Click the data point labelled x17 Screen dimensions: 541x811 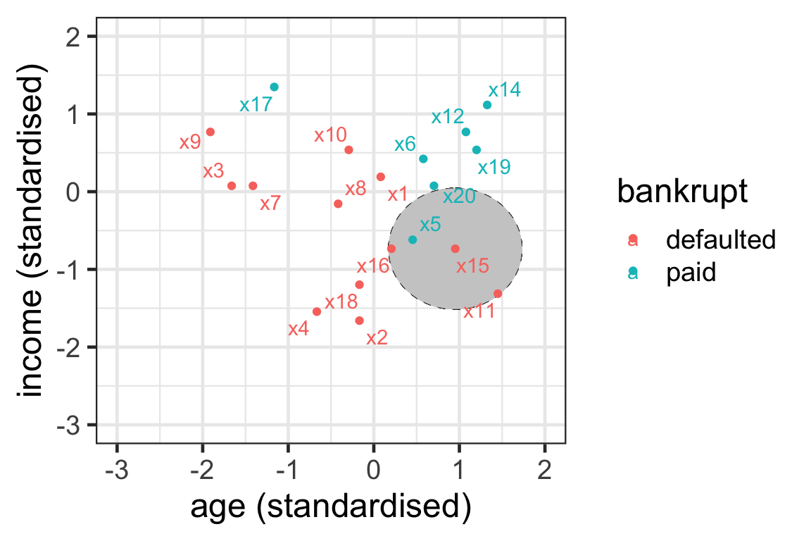tap(274, 87)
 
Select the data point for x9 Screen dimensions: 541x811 tap(210, 132)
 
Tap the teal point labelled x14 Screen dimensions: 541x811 tap(486, 105)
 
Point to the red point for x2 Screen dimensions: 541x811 tap(359, 321)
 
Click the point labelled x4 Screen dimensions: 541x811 tap(316, 311)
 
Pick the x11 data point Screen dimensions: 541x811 tap(498, 293)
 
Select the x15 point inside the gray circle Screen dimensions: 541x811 tap(455, 248)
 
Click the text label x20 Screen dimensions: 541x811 tap(459, 197)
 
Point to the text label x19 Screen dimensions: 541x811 tap(494, 168)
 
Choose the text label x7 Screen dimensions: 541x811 tap(270, 204)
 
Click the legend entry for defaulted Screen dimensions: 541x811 tap(720, 240)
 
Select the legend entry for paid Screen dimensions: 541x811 tap(691, 273)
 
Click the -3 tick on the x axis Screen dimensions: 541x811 tap(117, 469)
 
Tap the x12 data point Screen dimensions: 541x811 tap(465, 132)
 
